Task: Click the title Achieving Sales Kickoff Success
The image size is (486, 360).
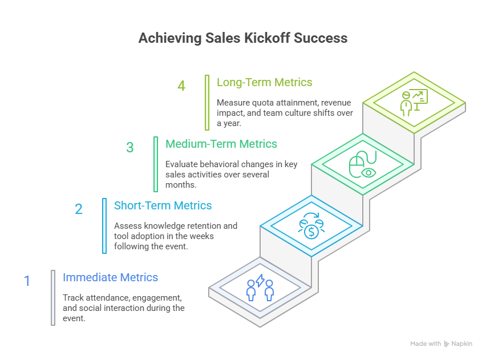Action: (x=242, y=38)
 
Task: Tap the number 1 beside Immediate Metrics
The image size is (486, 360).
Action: (x=27, y=281)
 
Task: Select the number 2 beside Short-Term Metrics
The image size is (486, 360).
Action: (x=79, y=209)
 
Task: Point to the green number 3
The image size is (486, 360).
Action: (x=130, y=147)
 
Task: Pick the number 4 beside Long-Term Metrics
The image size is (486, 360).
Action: (x=181, y=86)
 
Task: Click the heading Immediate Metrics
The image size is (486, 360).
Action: (x=110, y=278)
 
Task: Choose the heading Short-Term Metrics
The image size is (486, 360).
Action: (x=163, y=205)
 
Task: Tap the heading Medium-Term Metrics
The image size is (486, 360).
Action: (x=221, y=144)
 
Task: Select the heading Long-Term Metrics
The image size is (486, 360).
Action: (x=264, y=82)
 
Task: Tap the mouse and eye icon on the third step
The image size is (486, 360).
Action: (x=362, y=166)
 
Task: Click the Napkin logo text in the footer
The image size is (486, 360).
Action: (x=461, y=344)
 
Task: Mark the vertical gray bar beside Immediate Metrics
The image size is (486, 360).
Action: (x=53, y=297)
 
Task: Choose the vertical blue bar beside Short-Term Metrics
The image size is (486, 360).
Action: (x=104, y=225)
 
